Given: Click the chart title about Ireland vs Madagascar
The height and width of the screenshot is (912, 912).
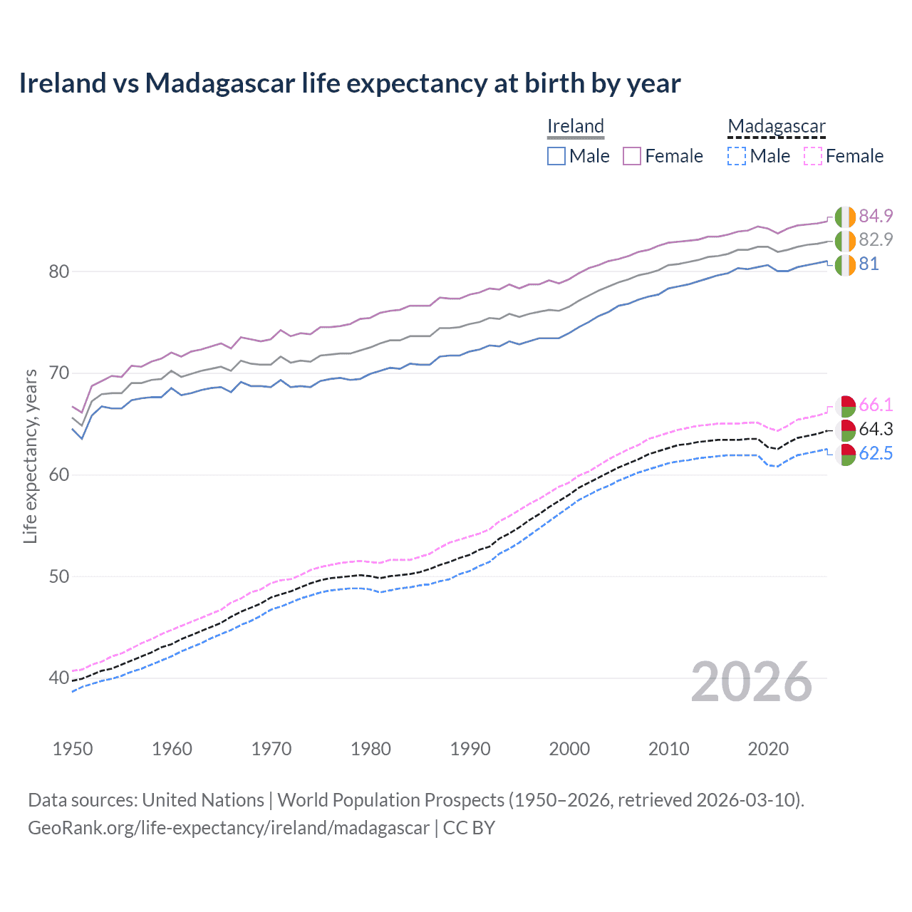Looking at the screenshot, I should (349, 83).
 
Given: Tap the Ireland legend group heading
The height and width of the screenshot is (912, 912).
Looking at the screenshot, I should (576, 126).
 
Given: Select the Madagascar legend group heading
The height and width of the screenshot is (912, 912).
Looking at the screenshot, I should (776, 126).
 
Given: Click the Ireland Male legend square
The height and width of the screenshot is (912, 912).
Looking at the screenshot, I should (556, 156).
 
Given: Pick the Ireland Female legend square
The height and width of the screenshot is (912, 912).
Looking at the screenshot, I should (632, 156).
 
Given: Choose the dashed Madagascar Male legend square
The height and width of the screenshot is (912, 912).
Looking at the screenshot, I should (737, 156).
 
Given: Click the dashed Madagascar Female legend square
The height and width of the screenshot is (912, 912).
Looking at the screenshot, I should (813, 156).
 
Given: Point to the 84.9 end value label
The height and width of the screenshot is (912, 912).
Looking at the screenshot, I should (876, 216).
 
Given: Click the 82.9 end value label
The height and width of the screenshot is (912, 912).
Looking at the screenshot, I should (876, 239).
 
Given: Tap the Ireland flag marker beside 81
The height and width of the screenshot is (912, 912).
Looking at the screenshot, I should (845, 264).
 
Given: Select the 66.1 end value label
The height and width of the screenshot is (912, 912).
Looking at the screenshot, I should (876, 405).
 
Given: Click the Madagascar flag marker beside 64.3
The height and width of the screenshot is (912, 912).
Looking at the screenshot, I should (845, 430).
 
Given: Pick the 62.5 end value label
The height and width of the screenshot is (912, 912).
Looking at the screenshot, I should (876, 454).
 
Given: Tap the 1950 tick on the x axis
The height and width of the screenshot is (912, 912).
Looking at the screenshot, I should (73, 749).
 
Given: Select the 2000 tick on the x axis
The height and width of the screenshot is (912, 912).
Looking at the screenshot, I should (569, 749).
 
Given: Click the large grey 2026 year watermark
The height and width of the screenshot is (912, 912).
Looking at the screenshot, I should (752, 682).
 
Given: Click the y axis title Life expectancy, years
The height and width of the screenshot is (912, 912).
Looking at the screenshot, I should (30, 456).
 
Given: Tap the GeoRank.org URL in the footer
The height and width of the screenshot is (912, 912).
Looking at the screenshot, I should (229, 828).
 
